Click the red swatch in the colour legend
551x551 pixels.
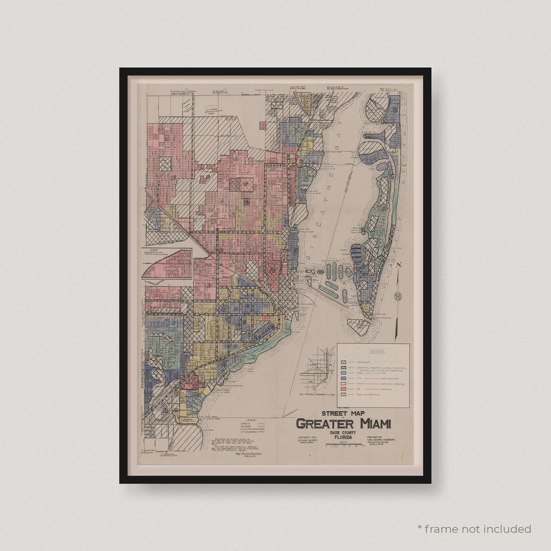[344, 389]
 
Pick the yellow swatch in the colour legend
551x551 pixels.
[344, 384]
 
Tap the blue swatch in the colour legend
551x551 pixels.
[344, 378]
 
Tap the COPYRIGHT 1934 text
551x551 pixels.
[309, 438]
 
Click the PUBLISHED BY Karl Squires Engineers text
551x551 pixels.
[381, 440]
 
